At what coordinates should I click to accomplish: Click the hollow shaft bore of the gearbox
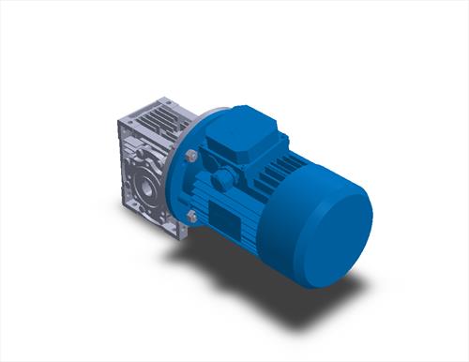point(147,185)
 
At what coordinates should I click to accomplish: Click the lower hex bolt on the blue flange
point(192,218)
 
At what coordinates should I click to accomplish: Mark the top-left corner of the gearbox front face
point(119,126)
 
